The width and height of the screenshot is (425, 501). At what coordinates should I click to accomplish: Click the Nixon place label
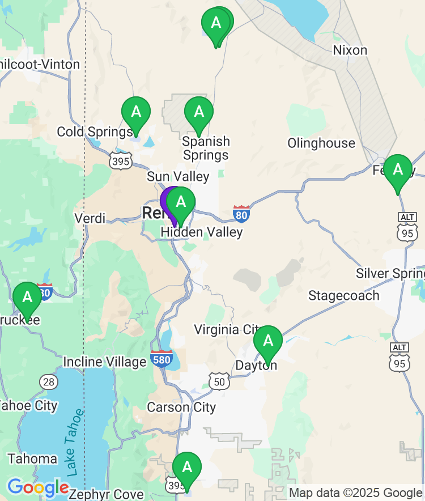(350, 50)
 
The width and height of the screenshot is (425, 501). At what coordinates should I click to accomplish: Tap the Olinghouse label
(321, 143)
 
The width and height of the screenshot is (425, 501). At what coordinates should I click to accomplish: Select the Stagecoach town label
(343, 295)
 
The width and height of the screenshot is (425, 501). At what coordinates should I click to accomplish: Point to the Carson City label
(181, 407)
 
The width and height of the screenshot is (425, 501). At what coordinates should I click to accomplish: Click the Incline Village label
(105, 362)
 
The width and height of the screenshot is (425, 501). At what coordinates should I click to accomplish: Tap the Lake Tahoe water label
(74, 442)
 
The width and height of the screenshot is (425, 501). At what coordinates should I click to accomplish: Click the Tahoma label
(32, 458)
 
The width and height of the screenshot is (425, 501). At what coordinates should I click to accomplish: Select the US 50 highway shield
(219, 381)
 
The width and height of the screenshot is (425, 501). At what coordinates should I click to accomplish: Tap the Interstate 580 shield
(162, 358)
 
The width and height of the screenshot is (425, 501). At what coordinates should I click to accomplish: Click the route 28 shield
(49, 381)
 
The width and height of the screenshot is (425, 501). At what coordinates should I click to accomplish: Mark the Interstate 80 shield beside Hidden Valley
(241, 214)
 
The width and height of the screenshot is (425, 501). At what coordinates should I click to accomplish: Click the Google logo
(37, 487)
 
